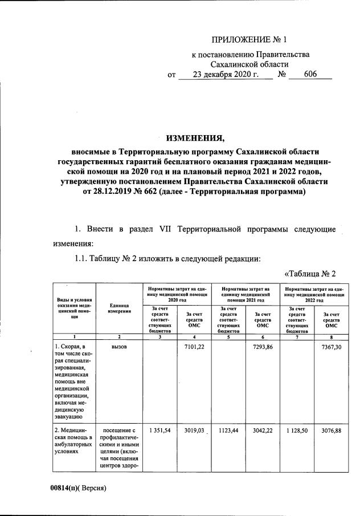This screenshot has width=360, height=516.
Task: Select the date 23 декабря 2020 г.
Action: (x=226, y=75)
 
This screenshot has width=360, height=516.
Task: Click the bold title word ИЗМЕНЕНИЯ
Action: (x=195, y=138)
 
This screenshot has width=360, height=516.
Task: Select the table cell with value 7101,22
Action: (x=194, y=347)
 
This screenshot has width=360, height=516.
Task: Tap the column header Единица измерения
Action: (x=119, y=308)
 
